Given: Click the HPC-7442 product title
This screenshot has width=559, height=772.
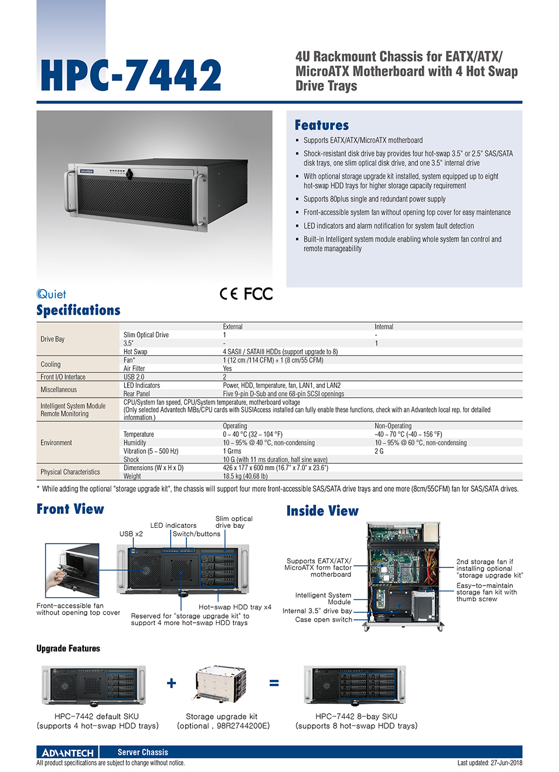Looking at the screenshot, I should [x=131, y=76].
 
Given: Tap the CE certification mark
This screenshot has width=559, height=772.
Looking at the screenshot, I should [x=228, y=294].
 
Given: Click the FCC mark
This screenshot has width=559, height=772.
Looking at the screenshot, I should [x=258, y=294].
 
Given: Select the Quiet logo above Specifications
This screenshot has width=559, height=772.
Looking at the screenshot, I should [x=51, y=294].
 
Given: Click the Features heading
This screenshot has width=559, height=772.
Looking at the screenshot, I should [x=321, y=125].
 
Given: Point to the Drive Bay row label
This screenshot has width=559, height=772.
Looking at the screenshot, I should [x=52, y=339].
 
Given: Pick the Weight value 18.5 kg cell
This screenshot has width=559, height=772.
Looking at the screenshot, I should [x=245, y=476].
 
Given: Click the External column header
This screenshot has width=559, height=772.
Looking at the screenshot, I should [x=232, y=327].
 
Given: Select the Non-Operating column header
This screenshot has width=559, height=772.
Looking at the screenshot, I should [x=392, y=426].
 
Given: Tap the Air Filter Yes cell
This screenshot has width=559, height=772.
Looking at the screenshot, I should [x=227, y=368].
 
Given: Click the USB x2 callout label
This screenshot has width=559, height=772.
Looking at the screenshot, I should [x=131, y=534].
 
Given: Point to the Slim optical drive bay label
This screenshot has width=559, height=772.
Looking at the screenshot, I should [x=233, y=522].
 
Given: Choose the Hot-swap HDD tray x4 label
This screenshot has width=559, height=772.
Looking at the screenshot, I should [x=235, y=607].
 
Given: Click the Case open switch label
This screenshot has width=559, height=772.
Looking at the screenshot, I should [x=323, y=620].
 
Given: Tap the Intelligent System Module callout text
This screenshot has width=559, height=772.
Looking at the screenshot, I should [x=323, y=598].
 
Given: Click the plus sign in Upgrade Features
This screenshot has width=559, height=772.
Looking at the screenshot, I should [x=171, y=683].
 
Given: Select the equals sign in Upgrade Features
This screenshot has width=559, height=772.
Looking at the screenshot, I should [x=274, y=683].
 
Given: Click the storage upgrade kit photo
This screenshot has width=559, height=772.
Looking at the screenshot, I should [x=221, y=685].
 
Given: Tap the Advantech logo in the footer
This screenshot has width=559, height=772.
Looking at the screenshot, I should [x=68, y=752].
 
